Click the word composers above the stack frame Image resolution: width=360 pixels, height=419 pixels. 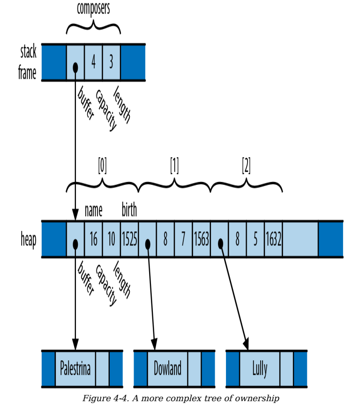(93, 8)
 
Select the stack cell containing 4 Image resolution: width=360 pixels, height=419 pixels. (93, 62)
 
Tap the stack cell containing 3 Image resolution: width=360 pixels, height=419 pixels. (111, 62)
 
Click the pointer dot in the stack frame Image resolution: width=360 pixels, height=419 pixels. (75, 68)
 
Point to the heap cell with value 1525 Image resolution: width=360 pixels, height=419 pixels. (129, 239)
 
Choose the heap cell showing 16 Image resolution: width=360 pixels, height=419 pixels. (93, 239)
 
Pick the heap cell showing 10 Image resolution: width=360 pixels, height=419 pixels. (111, 239)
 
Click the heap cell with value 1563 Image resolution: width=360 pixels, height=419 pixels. (202, 239)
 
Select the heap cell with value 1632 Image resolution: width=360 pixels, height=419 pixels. (274, 239)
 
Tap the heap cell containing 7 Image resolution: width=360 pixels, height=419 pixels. (183, 239)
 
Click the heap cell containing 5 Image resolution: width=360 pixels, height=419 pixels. (255, 239)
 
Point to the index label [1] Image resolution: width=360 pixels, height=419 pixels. (174, 166)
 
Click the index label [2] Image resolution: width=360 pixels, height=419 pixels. (246, 166)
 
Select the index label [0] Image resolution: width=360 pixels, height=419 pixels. (103, 166)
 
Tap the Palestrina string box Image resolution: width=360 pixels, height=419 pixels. (75, 368)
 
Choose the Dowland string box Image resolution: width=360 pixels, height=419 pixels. (168, 368)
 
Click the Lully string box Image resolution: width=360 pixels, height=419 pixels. (260, 368)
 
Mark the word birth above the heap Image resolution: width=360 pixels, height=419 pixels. (129, 209)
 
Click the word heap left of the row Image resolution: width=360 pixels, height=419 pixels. (29, 240)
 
